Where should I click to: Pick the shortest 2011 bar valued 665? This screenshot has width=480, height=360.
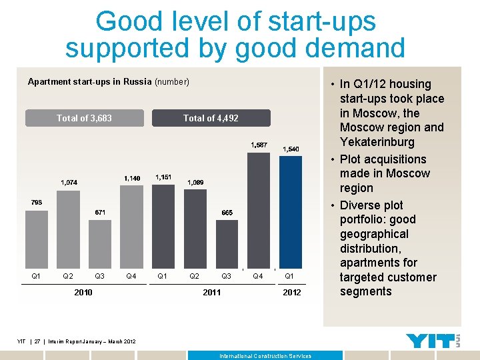(227, 243)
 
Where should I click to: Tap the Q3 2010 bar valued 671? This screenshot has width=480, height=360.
(100, 243)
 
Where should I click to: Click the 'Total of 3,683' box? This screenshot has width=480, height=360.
(85, 118)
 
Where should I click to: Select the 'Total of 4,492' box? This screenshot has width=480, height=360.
(211, 118)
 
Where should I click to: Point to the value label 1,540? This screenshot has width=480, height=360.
(291, 149)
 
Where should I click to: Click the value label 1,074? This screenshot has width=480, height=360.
(69, 182)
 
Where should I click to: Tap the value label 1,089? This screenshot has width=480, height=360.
(195, 182)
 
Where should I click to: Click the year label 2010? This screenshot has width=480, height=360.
(83, 292)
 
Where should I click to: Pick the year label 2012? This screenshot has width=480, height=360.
(291, 292)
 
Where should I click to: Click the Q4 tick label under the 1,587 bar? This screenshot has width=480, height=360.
(259, 276)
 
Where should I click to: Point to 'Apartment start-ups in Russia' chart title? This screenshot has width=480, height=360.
(90, 82)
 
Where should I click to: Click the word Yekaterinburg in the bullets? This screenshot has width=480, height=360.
(377, 142)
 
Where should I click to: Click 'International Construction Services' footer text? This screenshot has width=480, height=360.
(265, 356)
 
